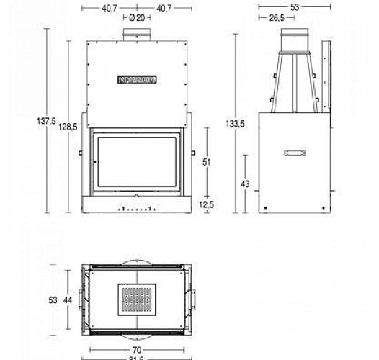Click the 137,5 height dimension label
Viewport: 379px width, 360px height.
(46, 122)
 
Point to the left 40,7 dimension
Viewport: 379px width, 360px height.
(110, 8)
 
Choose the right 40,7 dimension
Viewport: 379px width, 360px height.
(164, 8)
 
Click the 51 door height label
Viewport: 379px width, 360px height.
(206, 163)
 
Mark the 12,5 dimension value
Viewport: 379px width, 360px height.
(207, 204)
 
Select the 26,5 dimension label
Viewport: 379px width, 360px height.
(276, 19)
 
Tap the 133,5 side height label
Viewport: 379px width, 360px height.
(236, 124)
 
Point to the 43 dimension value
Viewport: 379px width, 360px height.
(245, 184)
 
